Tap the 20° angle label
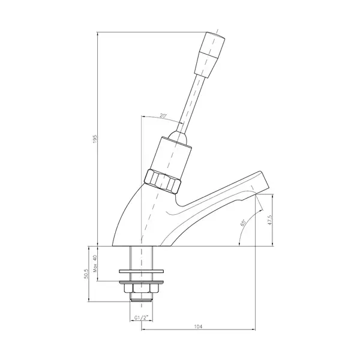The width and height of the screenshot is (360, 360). click(163, 115)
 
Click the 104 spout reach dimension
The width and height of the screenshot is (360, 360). click(198, 326)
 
